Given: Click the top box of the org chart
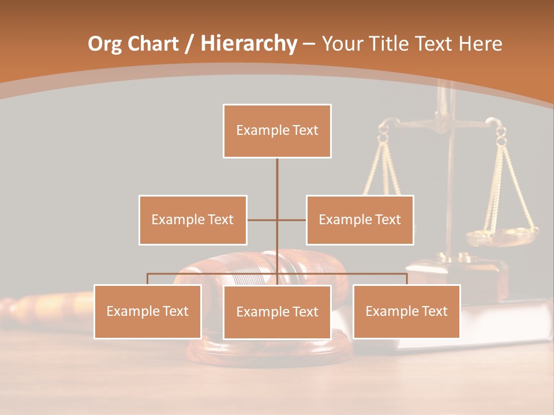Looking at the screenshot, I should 277,131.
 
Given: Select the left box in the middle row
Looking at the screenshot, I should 193,220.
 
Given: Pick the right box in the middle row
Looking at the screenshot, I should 360,220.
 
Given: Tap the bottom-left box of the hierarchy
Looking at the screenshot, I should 147,311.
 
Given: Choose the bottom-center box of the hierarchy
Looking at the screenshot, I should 277,312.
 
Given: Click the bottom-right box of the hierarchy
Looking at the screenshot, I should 406,311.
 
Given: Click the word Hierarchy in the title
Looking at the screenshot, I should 249,44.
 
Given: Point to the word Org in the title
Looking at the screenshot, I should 104,44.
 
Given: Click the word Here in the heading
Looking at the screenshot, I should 480,44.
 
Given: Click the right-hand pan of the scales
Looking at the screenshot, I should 501,236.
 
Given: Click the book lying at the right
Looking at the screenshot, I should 502,323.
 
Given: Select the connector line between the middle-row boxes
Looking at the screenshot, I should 263,220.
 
